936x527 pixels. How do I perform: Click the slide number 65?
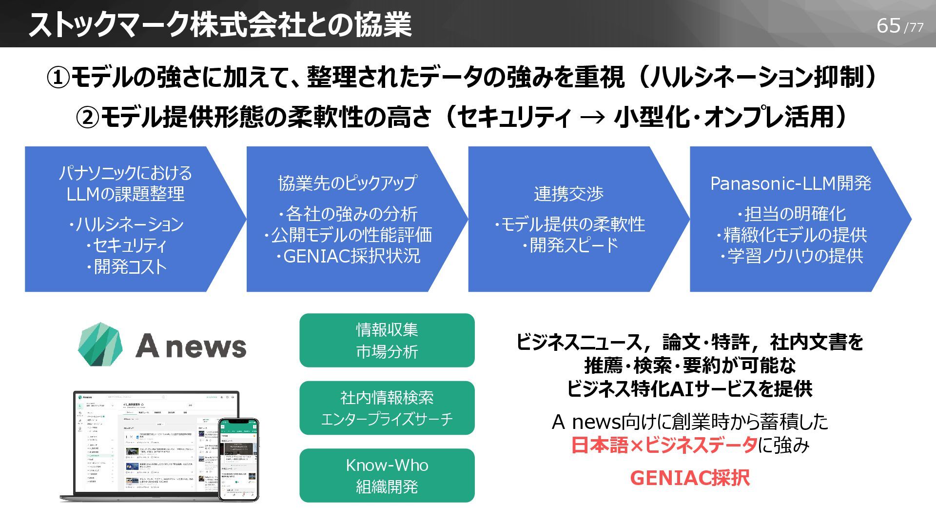[x=888, y=25]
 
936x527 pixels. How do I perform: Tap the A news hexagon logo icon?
[x=100, y=345]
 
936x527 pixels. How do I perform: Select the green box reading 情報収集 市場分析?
[x=387, y=340]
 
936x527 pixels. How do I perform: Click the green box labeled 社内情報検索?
[x=387, y=407]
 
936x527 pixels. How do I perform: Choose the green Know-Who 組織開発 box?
[x=387, y=475]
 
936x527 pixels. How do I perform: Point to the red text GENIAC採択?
[x=689, y=478]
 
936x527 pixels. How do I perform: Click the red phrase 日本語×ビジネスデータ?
[x=664, y=445]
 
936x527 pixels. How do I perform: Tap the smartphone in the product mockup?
[x=238, y=459]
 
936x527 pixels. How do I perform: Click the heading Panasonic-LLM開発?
[x=790, y=183]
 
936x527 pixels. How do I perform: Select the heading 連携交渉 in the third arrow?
[x=568, y=194]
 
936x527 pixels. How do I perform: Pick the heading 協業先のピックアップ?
[x=347, y=183]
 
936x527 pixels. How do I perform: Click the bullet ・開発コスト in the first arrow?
[x=126, y=267]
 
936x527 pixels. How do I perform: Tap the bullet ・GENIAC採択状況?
[x=347, y=256]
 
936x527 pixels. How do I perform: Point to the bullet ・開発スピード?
[x=569, y=245]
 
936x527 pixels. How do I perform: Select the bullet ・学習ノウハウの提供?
[x=791, y=256]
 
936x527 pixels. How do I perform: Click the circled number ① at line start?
[x=58, y=78]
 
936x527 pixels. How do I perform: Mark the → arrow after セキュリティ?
[x=593, y=118]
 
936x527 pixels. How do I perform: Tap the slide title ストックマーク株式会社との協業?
[x=220, y=24]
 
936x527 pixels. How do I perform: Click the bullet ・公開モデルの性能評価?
[x=347, y=235]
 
